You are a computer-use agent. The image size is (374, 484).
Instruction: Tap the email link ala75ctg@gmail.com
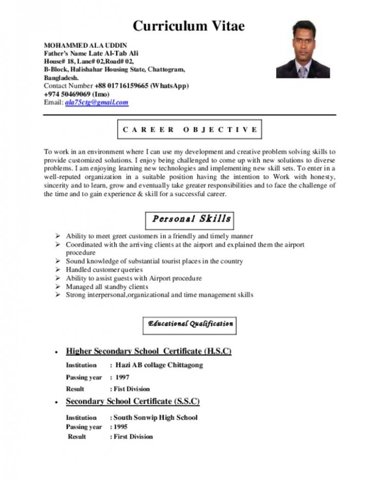(96, 102)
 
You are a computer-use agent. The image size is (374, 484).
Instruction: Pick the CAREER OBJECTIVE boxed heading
(190, 130)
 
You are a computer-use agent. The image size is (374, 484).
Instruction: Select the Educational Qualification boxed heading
(190, 323)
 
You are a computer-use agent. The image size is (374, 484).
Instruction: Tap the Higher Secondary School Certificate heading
(149, 351)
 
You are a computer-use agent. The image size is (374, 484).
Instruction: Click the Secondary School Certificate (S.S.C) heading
(132, 402)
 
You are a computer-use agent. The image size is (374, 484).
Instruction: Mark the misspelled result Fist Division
(131, 389)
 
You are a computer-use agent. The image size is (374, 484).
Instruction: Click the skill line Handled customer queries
(104, 269)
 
